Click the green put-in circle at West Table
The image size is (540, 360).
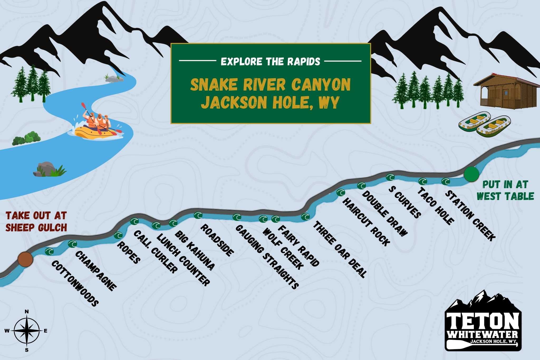coord(471,174)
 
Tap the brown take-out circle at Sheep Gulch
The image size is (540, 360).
coord(26,259)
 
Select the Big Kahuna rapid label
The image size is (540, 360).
coord(195,250)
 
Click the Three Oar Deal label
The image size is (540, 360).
coord(340,249)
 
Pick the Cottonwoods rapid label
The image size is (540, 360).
coord(75,283)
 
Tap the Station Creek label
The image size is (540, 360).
coord(470,215)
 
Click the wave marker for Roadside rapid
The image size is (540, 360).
coord(198,215)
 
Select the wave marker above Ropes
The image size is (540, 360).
coord(118,235)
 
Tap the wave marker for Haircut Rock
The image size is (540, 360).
coord(341,193)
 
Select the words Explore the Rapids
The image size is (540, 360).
coord(270,61)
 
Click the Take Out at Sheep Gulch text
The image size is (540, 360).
coord(36,221)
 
